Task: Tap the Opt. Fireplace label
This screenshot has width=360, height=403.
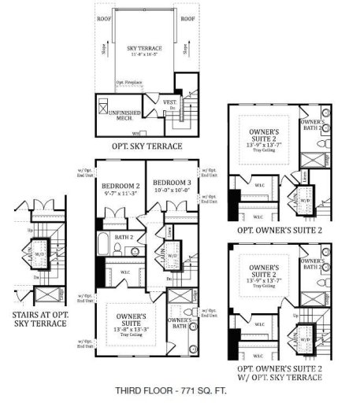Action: tap(129, 82)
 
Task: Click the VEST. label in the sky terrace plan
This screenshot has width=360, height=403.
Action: tap(169, 101)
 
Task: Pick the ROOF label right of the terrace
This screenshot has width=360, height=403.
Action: tap(187, 18)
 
